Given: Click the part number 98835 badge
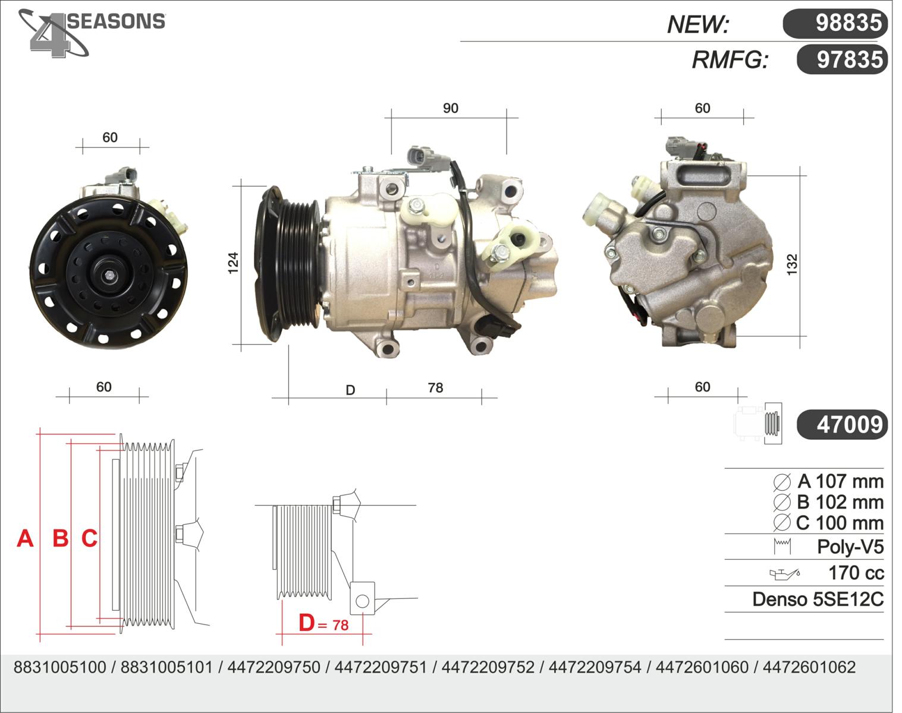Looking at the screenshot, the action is pyautogui.click(x=835, y=23).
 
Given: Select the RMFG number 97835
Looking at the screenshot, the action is pyautogui.click(x=842, y=59).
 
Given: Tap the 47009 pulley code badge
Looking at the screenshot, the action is pyautogui.click(x=842, y=424).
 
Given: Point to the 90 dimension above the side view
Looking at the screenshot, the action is pyautogui.click(x=451, y=108).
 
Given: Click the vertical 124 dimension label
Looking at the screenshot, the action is pyautogui.click(x=233, y=263).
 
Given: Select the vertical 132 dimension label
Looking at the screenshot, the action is pyautogui.click(x=792, y=265).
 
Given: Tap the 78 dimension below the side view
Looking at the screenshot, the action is pyautogui.click(x=435, y=387).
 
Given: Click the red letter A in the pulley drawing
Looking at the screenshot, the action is pyautogui.click(x=25, y=538).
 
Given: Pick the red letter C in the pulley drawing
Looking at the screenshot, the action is pyautogui.click(x=89, y=538).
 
